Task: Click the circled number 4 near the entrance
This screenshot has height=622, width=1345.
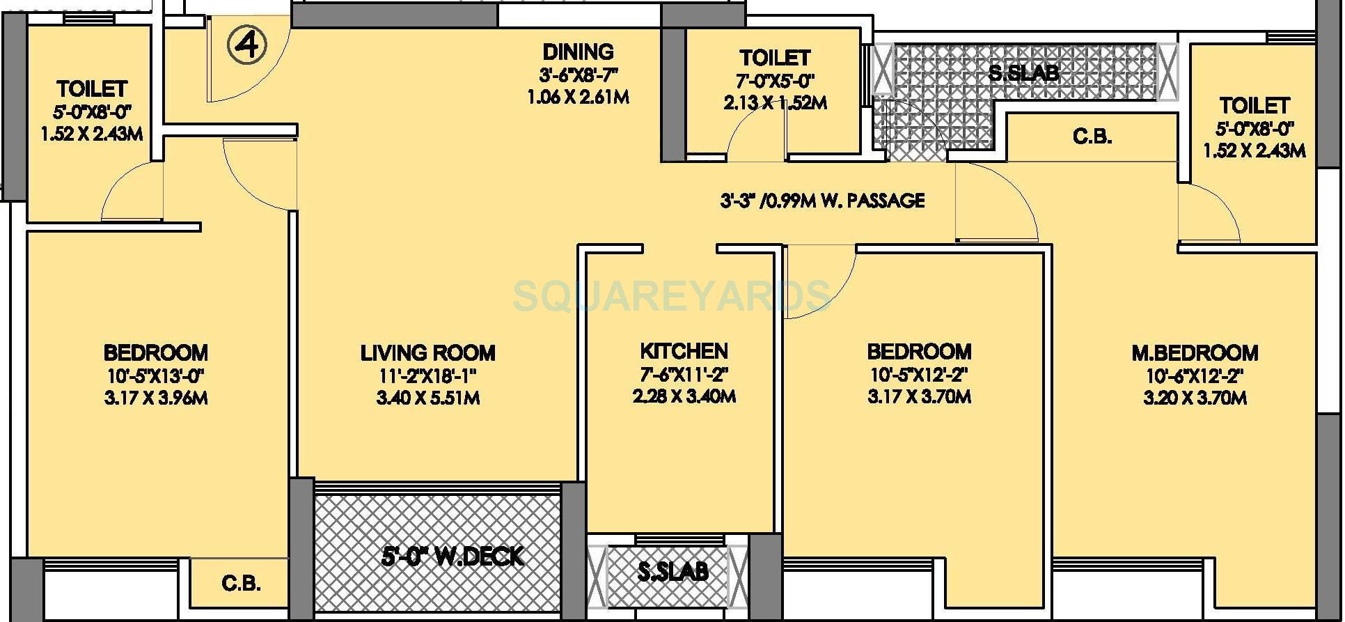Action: (x=247, y=47)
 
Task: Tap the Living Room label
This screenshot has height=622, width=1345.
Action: (x=427, y=352)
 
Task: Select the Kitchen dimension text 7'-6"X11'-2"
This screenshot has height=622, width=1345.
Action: (x=684, y=375)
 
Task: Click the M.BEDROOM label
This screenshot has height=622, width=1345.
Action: (x=1194, y=352)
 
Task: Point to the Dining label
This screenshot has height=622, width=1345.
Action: (x=578, y=52)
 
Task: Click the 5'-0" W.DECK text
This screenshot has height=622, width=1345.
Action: (x=453, y=557)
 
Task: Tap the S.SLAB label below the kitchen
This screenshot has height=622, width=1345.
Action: (x=672, y=571)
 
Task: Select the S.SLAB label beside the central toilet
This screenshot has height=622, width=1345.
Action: (x=1023, y=72)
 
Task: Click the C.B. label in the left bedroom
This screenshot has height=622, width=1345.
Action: (x=241, y=583)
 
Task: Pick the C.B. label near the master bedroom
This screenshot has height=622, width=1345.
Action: (x=1092, y=137)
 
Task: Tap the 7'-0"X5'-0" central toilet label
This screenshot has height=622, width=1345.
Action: (x=774, y=79)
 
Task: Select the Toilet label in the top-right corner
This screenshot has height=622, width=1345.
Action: (x=1254, y=106)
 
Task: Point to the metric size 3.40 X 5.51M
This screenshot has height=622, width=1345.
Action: (x=427, y=398)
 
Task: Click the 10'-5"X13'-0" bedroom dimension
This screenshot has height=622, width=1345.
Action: (x=155, y=376)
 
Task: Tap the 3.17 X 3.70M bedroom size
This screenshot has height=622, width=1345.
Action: (x=919, y=397)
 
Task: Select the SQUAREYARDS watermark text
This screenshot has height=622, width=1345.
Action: (x=672, y=295)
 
